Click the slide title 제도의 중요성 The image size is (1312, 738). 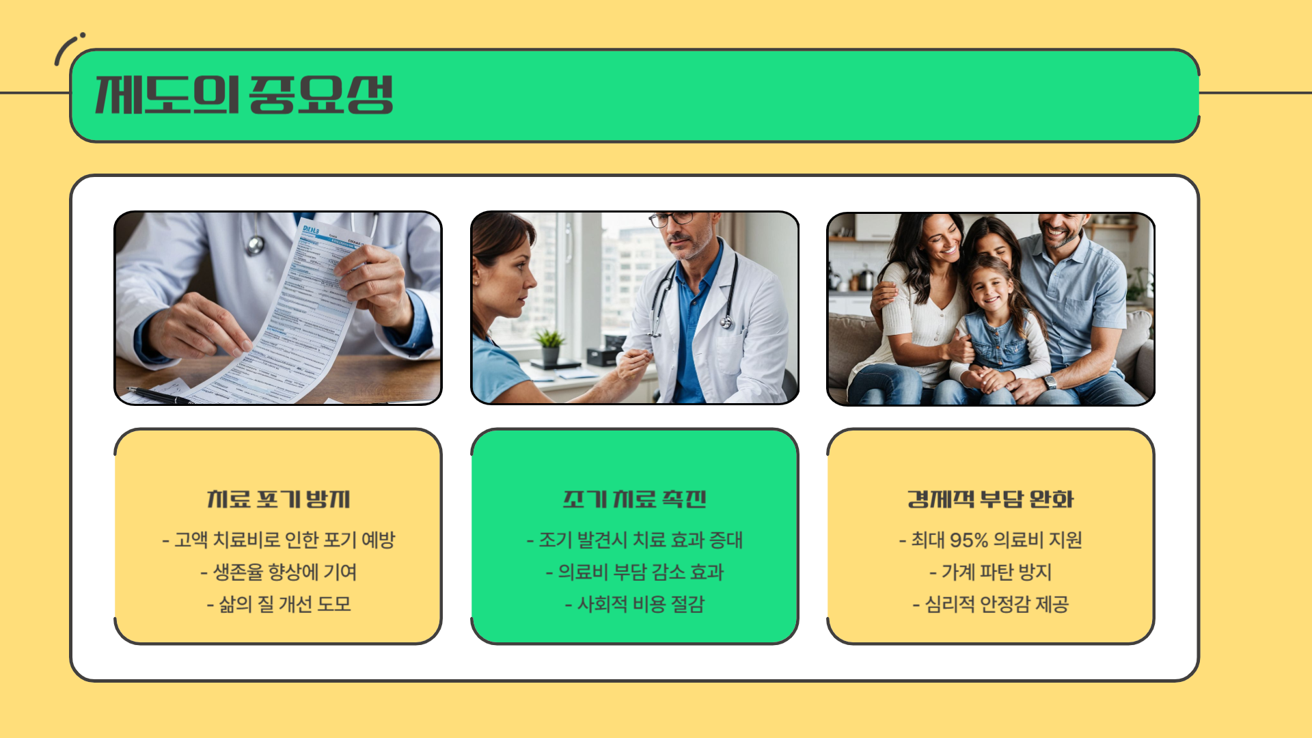point(244,94)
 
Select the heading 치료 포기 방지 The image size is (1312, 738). point(278,499)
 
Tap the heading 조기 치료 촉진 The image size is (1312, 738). point(634,499)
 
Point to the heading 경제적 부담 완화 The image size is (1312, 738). point(990,499)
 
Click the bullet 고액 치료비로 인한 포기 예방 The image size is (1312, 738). point(278,540)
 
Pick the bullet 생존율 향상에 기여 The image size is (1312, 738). point(278,572)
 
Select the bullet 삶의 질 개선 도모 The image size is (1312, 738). point(278,604)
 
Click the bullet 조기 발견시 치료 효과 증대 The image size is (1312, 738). point(634,540)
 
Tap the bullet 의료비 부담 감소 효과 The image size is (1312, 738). point(634,572)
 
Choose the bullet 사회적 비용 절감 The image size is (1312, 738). point(634,604)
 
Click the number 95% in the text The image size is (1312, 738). point(968,541)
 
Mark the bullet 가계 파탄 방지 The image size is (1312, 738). point(990,572)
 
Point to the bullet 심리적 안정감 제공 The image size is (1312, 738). point(990,604)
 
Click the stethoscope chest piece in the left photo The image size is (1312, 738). point(256,244)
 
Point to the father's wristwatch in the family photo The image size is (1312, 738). point(1050,382)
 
